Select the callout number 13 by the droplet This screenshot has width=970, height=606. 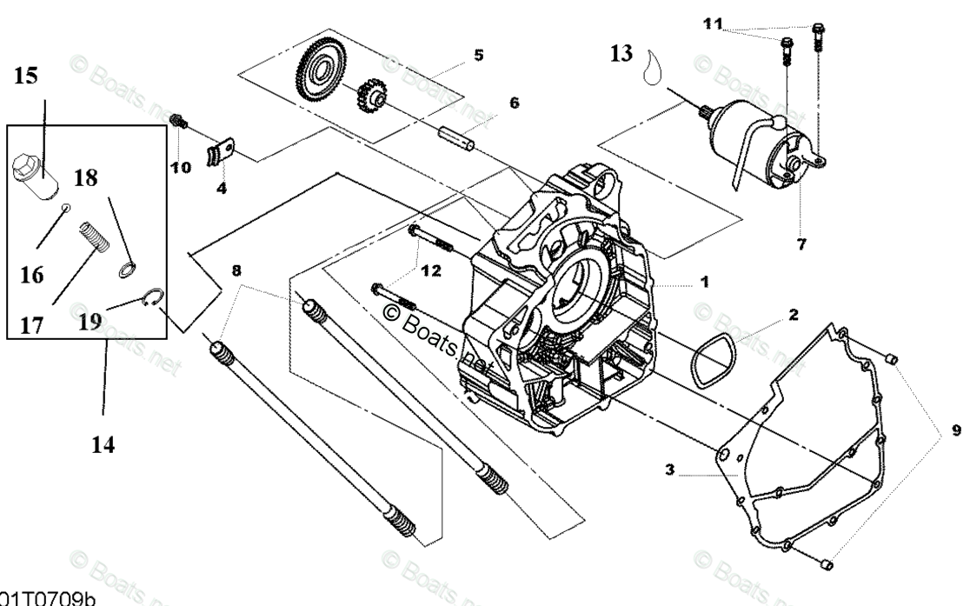click(622, 54)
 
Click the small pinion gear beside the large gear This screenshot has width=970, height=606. click(372, 103)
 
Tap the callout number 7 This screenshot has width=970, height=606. click(801, 244)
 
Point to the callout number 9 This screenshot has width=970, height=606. click(956, 430)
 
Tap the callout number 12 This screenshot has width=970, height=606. click(430, 270)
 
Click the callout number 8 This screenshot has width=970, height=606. click(236, 270)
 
